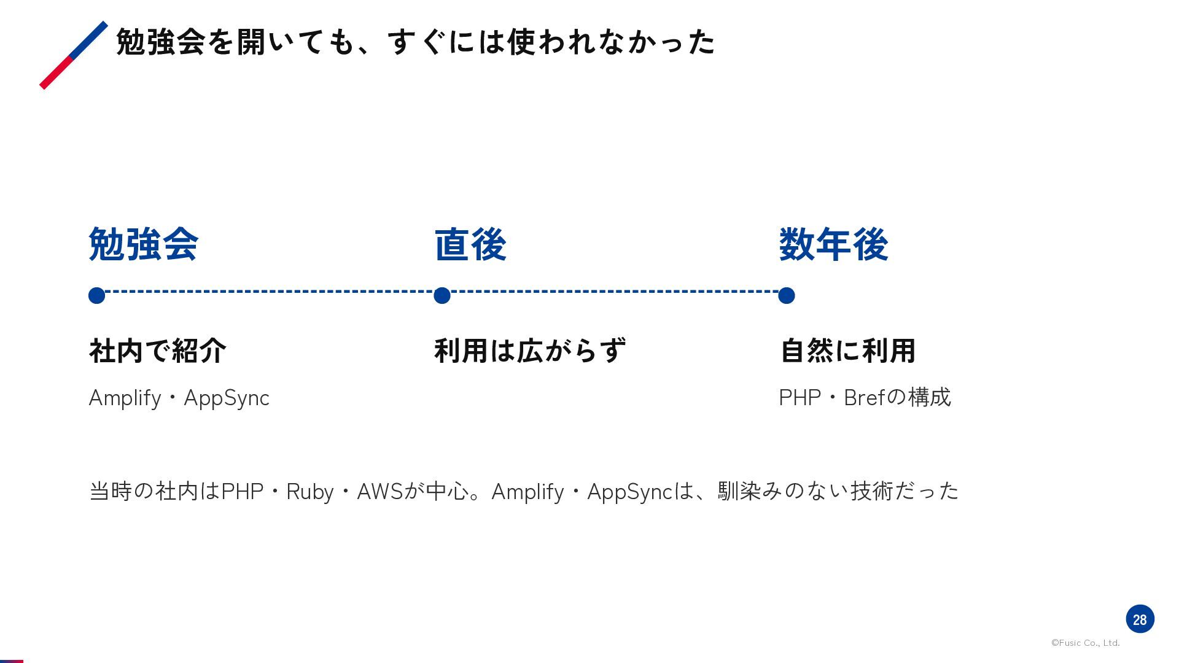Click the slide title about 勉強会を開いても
tap(416, 42)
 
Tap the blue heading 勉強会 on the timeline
tap(144, 244)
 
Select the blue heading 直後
tap(470, 244)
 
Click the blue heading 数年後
tap(833, 244)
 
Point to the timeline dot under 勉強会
tap(96, 296)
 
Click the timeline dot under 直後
tap(442, 296)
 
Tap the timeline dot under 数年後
tap(787, 296)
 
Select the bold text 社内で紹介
tap(158, 351)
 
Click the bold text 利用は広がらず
tap(530, 351)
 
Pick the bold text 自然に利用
tap(848, 351)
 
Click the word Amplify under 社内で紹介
tap(125, 398)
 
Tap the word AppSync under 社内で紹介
tap(227, 398)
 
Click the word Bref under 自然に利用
tap(865, 398)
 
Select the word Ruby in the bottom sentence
tap(310, 492)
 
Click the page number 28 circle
tap(1140, 619)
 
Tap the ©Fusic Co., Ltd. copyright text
tap(1086, 643)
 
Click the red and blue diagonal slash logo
tap(74, 55)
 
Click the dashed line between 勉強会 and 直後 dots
tap(269, 292)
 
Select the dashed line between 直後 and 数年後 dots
tap(614, 292)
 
